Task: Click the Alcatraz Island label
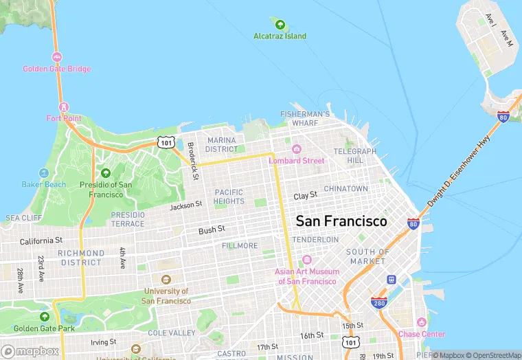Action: pyautogui.click(x=280, y=36)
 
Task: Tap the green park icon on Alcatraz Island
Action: pyautogui.click(x=280, y=25)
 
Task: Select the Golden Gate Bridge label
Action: pyautogui.click(x=56, y=69)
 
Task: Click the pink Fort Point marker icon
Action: pyautogui.click(x=64, y=107)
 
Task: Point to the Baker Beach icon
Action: pyautogui.click(x=44, y=173)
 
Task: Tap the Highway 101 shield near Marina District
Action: pyautogui.click(x=166, y=142)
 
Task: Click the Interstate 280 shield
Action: pyautogui.click(x=378, y=302)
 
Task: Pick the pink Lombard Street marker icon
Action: pyautogui.click(x=297, y=150)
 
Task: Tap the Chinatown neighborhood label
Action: pyautogui.click(x=345, y=188)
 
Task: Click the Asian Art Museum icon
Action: pyautogui.click(x=306, y=260)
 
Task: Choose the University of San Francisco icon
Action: pyautogui.click(x=166, y=280)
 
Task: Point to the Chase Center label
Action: pyautogui.click(x=422, y=334)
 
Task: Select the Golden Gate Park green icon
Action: pyautogui.click(x=45, y=317)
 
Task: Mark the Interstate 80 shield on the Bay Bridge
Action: pyautogui.click(x=503, y=117)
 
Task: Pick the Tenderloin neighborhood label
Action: pyautogui.click(x=315, y=239)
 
